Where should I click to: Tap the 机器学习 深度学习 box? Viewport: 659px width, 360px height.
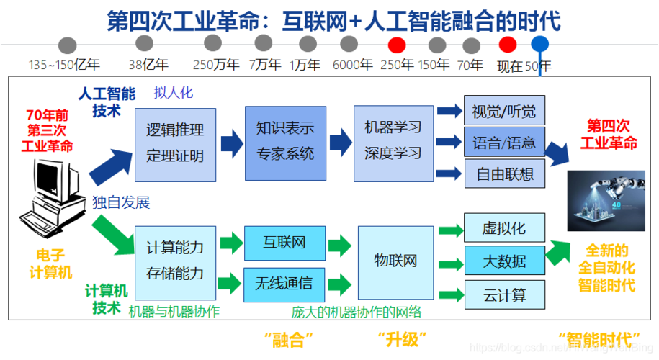coord(393,143)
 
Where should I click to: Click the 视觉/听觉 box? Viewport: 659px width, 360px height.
coord(504,112)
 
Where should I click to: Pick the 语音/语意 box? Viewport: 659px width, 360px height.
coord(504,143)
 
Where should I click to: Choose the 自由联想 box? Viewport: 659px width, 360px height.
coord(504,174)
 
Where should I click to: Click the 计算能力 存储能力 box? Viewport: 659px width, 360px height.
coord(175,261)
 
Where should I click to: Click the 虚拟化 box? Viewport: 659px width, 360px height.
coord(504,228)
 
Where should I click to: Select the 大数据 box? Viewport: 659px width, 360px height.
coord(504,261)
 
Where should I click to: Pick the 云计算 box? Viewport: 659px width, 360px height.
coord(504,294)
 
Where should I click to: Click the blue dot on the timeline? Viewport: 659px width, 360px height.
coord(540,45)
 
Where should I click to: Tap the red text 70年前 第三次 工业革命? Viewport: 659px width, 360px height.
coord(48,130)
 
